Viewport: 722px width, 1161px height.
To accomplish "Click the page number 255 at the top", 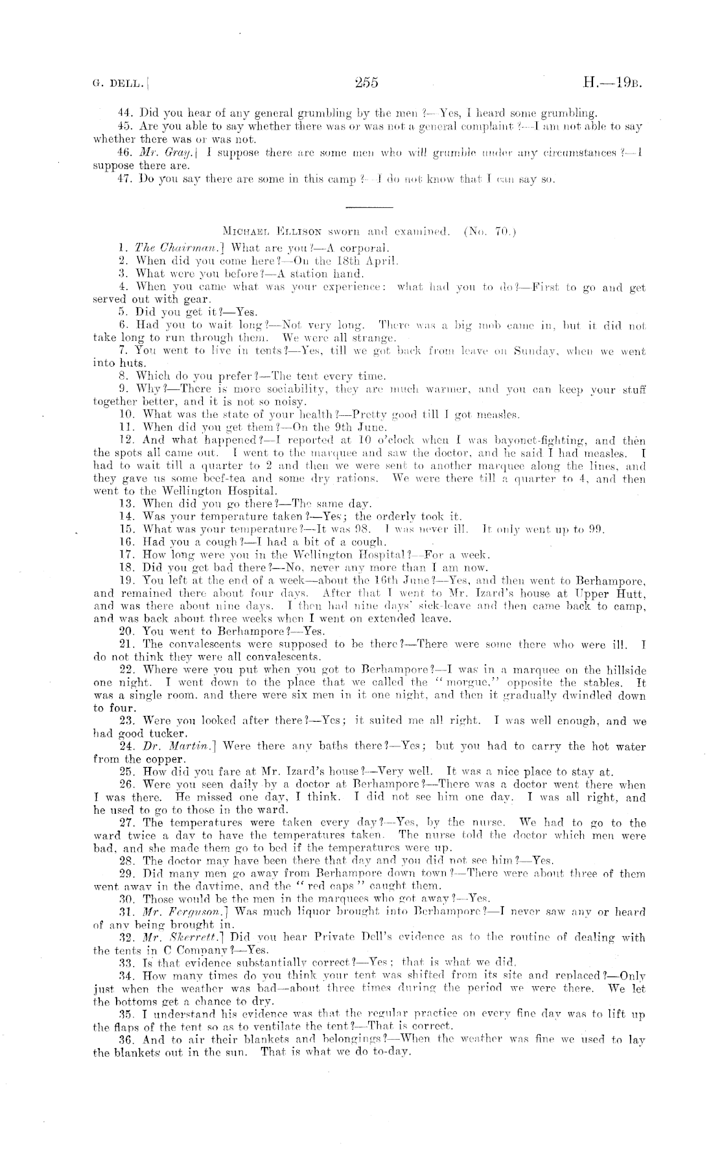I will click(x=366, y=82).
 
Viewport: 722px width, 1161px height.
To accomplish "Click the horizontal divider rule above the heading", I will click(x=369, y=207).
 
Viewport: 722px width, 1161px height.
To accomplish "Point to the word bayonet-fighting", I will click(x=506, y=440).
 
